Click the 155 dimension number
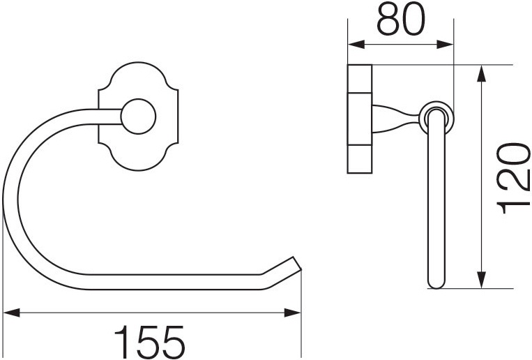150,340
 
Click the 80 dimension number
401,20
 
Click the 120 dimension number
513,179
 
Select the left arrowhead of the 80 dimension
356,45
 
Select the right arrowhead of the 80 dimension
445,45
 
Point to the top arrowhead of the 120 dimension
481,73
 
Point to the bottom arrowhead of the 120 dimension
481,280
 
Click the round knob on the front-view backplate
138,117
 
